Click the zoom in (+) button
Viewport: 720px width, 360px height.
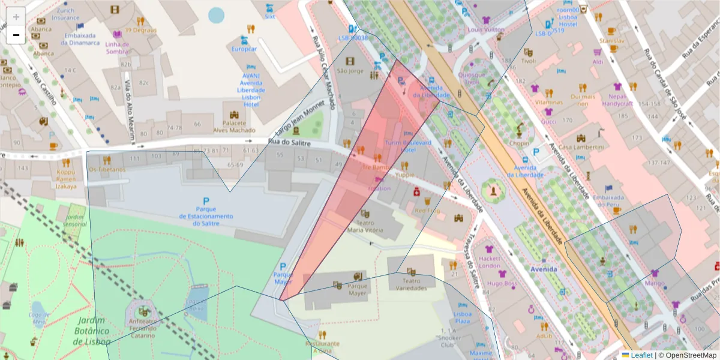coord(16,17)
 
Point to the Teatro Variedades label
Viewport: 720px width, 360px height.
coord(411,284)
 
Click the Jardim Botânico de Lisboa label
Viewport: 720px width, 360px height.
coord(91,331)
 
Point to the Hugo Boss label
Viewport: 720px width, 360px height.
coord(502,283)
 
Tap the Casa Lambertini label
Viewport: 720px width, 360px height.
coord(581,148)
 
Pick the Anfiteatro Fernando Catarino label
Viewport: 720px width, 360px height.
coord(143,332)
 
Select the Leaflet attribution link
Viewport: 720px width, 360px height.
coord(641,355)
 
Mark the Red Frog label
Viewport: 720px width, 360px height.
coord(427,211)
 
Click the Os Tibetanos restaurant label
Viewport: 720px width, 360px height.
coord(107,169)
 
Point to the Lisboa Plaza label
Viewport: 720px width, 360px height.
coord(463,318)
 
